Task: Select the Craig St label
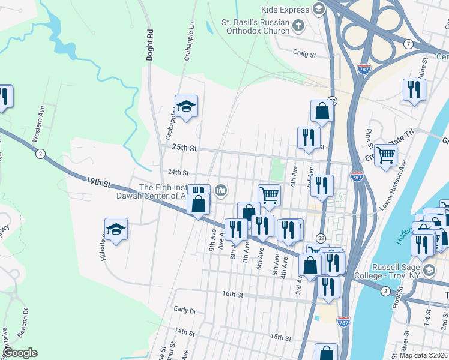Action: (x=304, y=54)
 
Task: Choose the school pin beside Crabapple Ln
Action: (x=187, y=107)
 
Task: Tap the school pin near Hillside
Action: (x=116, y=229)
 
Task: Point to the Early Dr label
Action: (x=185, y=310)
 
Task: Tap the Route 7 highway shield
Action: (x=408, y=44)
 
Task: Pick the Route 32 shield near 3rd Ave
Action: (x=321, y=238)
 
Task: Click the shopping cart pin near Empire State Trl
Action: (x=385, y=155)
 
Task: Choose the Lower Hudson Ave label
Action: (x=393, y=191)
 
